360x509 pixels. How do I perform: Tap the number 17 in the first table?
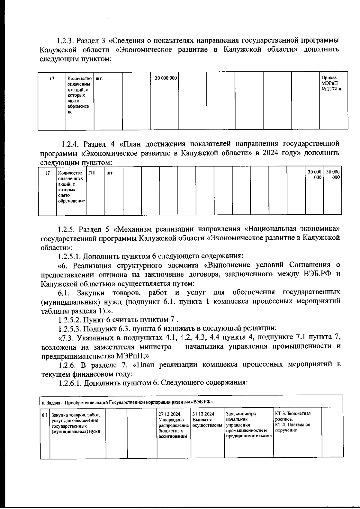tap(52, 79)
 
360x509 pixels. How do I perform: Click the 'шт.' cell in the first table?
tap(99, 79)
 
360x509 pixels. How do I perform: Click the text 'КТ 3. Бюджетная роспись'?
tap(292, 416)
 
